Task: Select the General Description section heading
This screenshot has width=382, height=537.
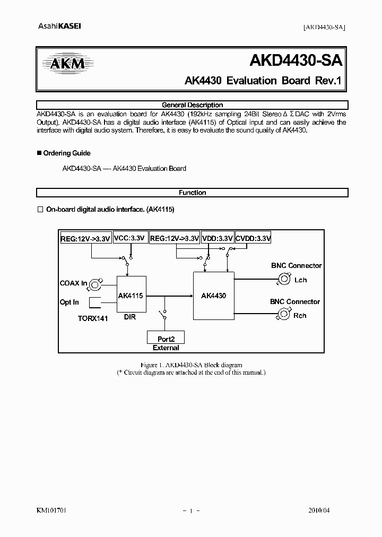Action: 192,105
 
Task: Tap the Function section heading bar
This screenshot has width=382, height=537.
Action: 192,193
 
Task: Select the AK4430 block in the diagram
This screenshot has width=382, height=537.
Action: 213,296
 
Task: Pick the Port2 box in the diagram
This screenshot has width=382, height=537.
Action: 164,338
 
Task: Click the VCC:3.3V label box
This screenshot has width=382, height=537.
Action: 129,239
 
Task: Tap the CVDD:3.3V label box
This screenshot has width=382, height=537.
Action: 253,239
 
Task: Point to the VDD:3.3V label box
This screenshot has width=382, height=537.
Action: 218,239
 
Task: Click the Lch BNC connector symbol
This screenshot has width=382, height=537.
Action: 285,280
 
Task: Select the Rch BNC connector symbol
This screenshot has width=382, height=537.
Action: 281,316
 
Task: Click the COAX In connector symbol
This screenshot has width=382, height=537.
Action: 97,284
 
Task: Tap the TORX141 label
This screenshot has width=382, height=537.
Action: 93,319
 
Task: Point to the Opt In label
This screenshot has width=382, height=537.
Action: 70,302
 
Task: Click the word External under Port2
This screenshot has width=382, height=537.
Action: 166,348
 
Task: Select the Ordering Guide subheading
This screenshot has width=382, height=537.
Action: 66,153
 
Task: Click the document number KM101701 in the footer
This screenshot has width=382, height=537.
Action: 51,510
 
